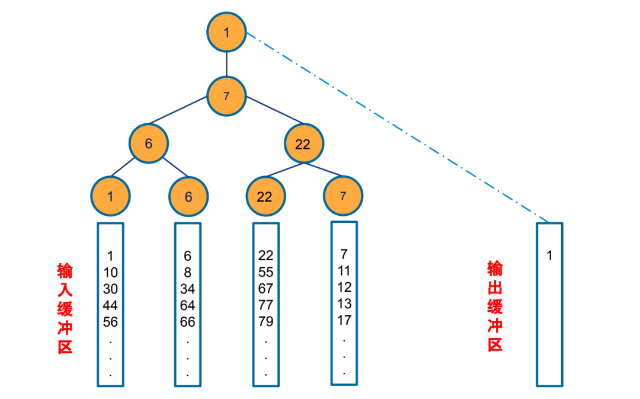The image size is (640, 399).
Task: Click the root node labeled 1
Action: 226,33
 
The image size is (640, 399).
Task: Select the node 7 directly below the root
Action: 226,96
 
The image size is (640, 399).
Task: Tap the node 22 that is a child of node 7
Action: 302,144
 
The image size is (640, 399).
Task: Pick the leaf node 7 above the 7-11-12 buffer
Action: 344,195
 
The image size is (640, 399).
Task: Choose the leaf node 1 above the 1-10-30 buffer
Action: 110,196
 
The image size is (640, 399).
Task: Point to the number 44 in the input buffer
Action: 110,306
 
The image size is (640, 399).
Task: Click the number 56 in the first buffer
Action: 110,323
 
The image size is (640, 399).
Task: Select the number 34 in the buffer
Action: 188,289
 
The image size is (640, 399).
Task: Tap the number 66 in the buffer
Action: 188,323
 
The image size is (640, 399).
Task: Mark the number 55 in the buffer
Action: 265,273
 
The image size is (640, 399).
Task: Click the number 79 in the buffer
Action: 265,322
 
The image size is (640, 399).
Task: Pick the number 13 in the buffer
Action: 344,304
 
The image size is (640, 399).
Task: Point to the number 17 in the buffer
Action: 344,321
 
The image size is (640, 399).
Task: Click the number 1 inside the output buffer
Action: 549,256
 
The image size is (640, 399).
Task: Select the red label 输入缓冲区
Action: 65,308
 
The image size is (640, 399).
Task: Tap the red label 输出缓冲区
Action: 495,306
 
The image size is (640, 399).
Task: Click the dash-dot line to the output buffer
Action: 397,127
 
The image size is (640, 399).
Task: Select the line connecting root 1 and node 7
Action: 226,64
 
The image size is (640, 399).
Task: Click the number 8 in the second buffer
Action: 188,273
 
